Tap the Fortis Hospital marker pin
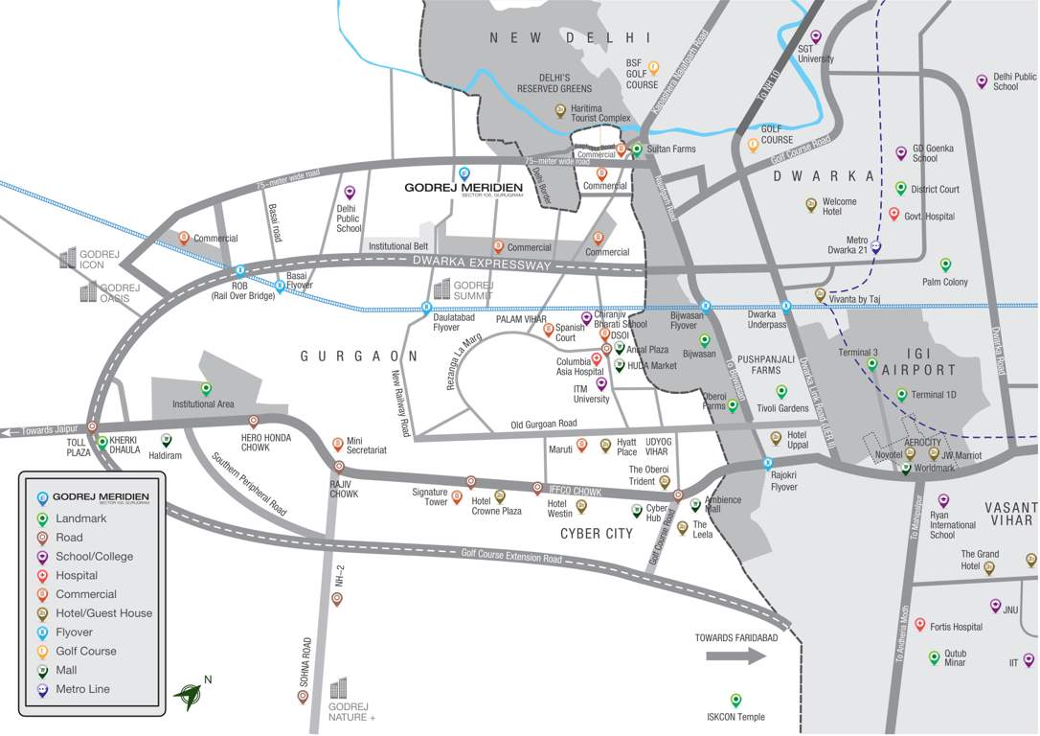[920, 625]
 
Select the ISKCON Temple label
[735, 717]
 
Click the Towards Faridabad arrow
[735, 656]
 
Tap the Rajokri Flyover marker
[768, 465]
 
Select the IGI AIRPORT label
[918, 370]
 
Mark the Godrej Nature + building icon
[338, 689]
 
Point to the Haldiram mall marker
[166, 440]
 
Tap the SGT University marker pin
[816, 36]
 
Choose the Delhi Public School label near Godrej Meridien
[349, 218]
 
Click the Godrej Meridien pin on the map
[464, 173]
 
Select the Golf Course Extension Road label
[510, 555]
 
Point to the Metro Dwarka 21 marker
[875, 246]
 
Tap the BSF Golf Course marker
[654, 67]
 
